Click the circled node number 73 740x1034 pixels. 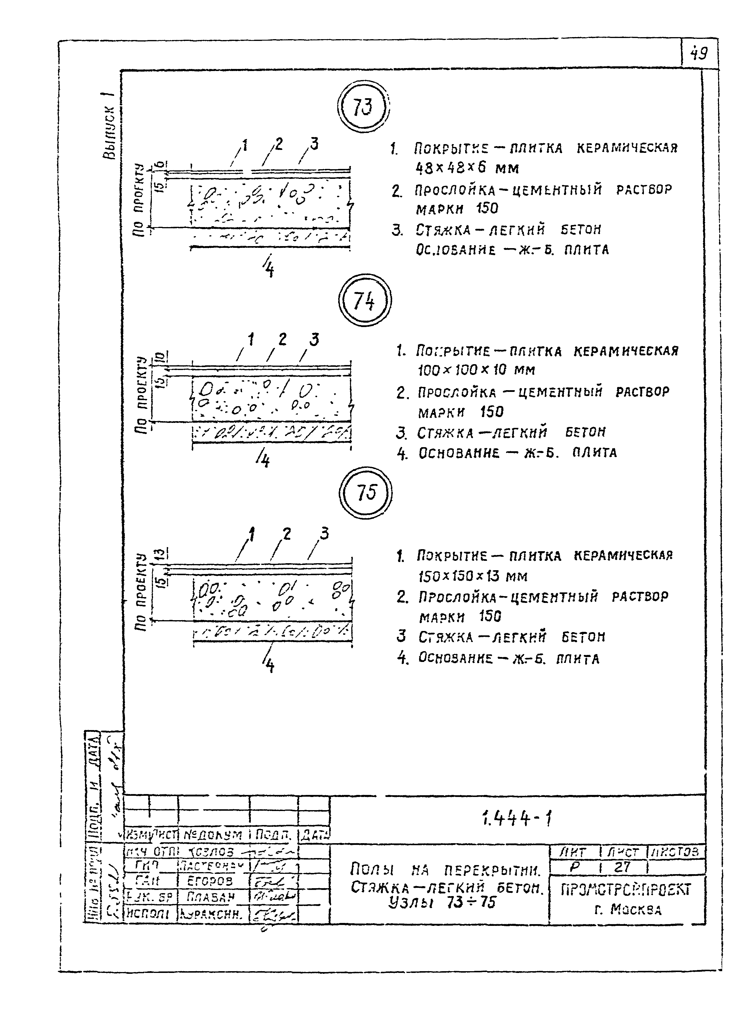pyautogui.click(x=363, y=108)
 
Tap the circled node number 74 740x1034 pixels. pyautogui.click(x=364, y=301)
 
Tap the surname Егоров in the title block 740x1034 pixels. pyautogui.click(x=210, y=881)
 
